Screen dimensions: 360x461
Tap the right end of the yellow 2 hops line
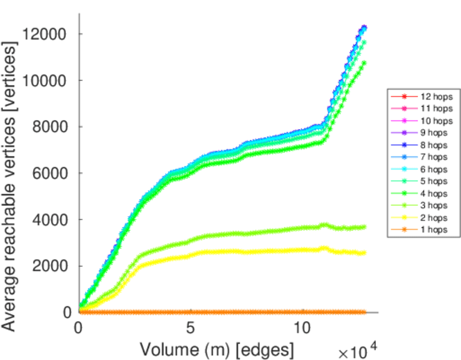[x=364, y=253]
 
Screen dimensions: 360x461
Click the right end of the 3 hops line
[x=364, y=227]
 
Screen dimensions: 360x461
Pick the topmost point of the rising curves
[x=364, y=28]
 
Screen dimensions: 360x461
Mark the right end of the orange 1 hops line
[x=364, y=312]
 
